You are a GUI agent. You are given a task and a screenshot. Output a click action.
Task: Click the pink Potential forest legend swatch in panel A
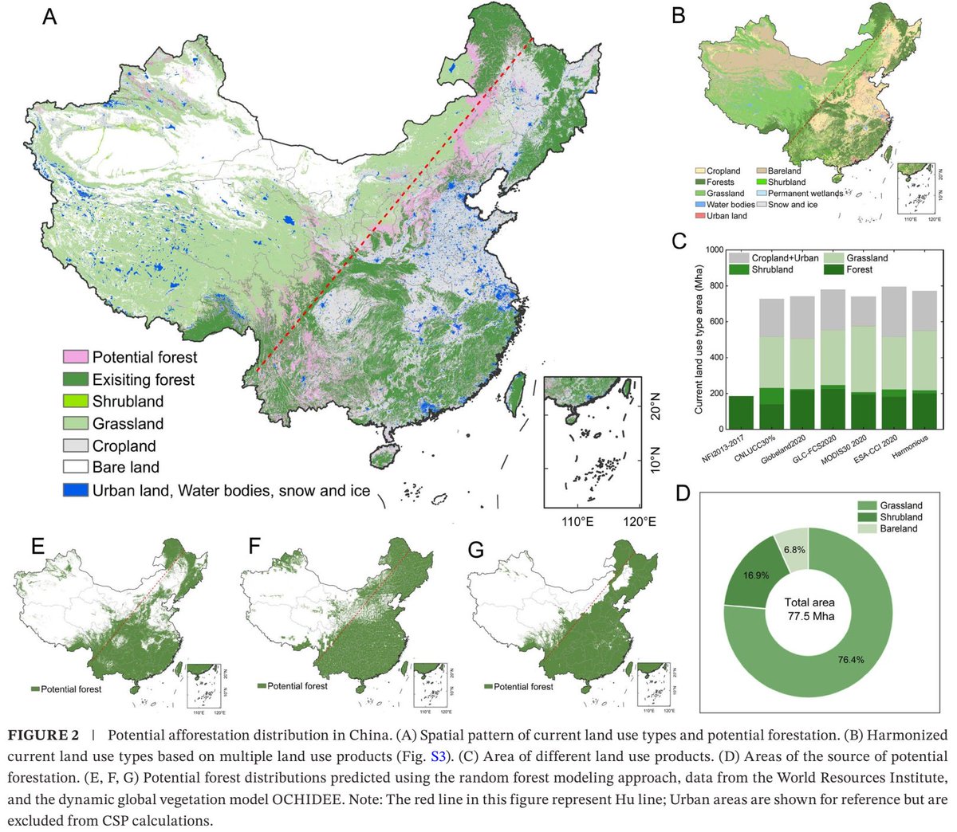pos(77,357)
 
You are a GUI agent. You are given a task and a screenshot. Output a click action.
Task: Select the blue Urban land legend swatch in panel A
pos(77,490)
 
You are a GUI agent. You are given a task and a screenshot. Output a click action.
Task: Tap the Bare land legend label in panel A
pos(125,468)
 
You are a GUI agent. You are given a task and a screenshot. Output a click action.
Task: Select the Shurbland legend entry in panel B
pos(786,182)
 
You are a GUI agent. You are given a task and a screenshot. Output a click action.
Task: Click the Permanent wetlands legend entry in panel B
pos(805,193)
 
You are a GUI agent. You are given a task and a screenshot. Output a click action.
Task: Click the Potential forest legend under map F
pos(297,685)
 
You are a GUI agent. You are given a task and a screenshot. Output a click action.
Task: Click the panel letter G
pos(477,549)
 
